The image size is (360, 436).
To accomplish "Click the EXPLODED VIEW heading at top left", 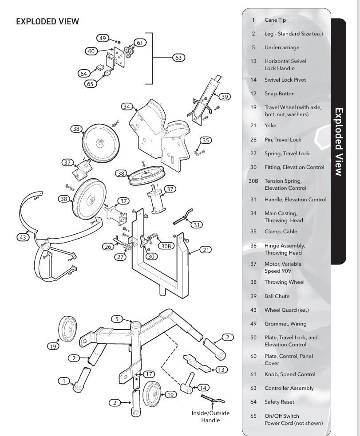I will [x=47, y=21].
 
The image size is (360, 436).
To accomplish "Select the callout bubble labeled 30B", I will [x=165, y=246].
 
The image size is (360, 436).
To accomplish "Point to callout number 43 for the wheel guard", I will [x=23, y=237].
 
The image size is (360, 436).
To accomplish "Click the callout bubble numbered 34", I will [x=127, y=106].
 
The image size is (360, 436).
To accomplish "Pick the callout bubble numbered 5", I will [x=116, y=318].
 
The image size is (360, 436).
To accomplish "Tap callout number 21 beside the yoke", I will [x=206, y=250].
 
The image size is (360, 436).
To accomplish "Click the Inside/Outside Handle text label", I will [x=210, y=416].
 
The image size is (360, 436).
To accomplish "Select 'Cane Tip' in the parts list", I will [x=275, y=20].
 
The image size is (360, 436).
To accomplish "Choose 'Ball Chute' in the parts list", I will [x=277, y=296].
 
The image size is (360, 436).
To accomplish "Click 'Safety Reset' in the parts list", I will [x=279, y=402].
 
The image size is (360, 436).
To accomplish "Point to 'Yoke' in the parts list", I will [x=270, y=126].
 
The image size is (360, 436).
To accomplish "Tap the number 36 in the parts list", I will [x=253, y=246].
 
